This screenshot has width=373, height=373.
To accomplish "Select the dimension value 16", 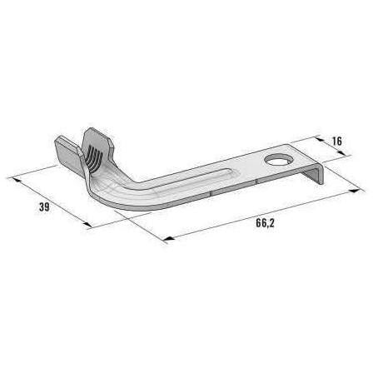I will [336, 142].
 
